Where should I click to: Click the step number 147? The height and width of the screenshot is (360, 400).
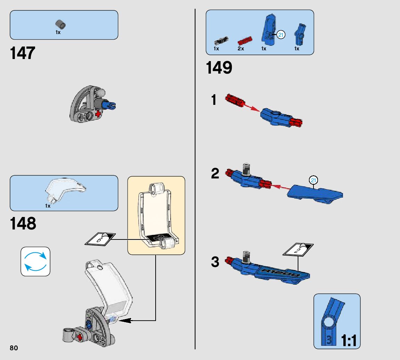[23, 53]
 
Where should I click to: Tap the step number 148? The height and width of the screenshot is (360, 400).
[23, 224]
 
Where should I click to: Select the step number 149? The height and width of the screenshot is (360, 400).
[219, 68]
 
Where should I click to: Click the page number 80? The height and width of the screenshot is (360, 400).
[14, 348]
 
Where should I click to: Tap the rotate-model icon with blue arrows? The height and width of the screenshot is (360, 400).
[35, 261]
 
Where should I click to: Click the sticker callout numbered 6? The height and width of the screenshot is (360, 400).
[100, 239]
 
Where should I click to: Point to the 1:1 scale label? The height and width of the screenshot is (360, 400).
[349, 341]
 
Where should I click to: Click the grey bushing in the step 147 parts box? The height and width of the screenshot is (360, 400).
[61, 25]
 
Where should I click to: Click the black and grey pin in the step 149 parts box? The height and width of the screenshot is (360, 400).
[220, 41]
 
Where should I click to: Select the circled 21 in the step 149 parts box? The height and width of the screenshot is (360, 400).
[281, 35]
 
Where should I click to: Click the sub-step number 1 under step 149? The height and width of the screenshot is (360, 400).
[214, 100]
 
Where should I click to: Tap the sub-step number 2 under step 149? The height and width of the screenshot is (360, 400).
[215, 174]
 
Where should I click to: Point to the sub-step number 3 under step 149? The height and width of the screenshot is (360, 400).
[215, 262]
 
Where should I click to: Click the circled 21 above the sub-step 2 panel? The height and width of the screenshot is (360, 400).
[314, 180]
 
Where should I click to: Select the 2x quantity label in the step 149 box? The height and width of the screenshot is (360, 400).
[241, 49]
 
